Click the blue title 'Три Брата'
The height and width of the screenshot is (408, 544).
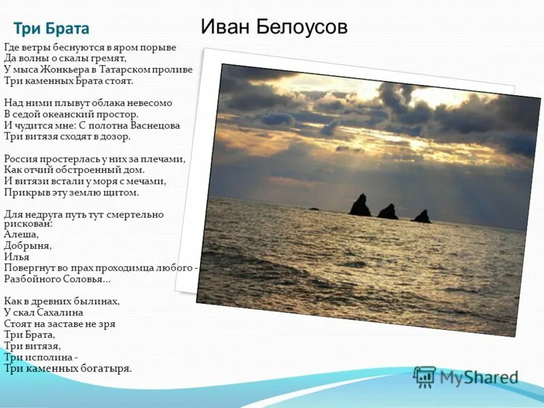coord(51,29)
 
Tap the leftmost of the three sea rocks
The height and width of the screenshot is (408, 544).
coord(360,206)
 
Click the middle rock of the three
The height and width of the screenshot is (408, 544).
coord(388,212)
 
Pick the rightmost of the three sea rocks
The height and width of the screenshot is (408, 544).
coord(422,217)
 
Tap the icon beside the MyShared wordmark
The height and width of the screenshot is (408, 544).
coord(424,376)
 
